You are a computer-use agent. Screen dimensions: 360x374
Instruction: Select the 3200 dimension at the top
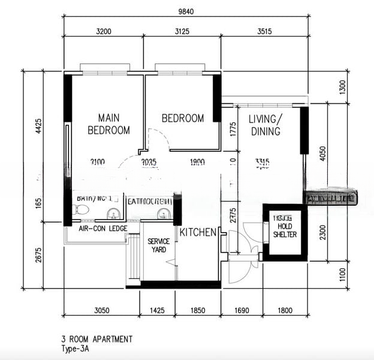click(103, 31)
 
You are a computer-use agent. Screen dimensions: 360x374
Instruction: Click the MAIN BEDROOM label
click(108, 124)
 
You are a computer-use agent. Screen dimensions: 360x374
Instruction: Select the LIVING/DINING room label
click(264, 125)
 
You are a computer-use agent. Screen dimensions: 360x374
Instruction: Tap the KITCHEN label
click(198, 232)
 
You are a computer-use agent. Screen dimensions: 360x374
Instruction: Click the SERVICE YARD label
click(158, 245)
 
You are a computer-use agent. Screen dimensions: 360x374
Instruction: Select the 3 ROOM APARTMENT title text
click(96, 339)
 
